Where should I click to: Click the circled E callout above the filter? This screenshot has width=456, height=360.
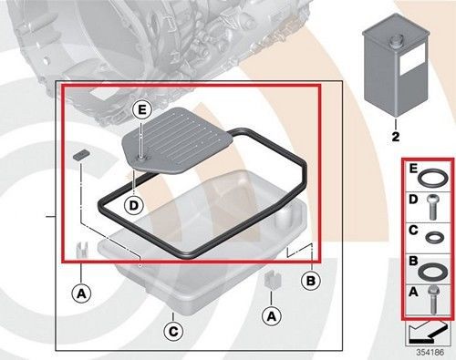tap(140, 110)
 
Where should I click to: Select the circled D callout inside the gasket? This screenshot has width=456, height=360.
tap(134, 205)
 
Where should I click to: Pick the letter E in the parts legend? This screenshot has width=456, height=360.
tap(414, 170)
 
